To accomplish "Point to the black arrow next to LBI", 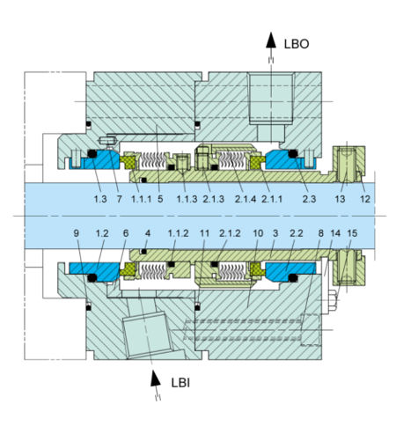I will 156,379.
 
